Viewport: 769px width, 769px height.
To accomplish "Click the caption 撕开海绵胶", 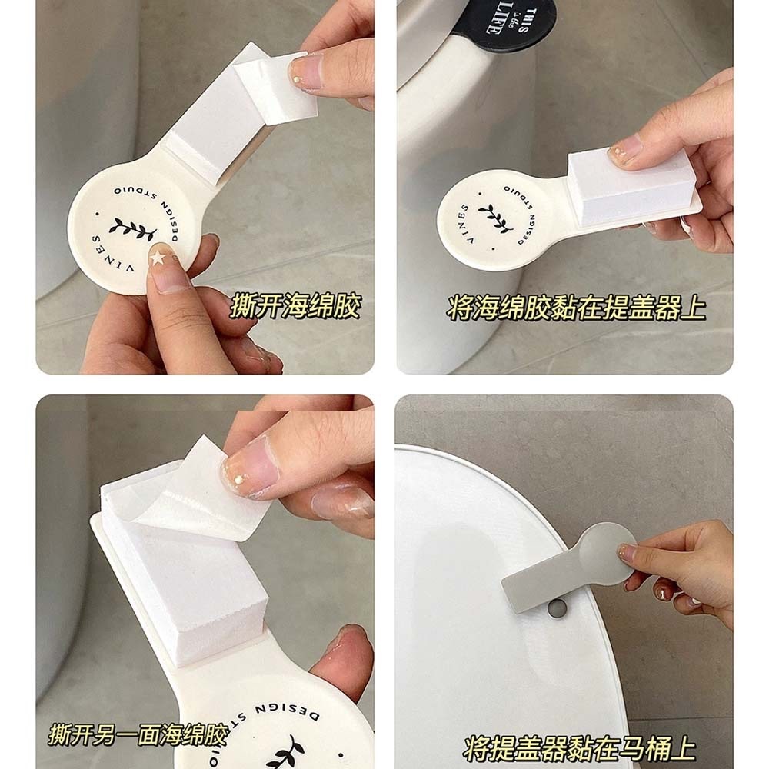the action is click(x=296, y=307).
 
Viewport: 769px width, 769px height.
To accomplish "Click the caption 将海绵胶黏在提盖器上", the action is click(x=576, y=308).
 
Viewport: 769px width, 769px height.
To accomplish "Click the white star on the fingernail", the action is click(x=158, y=256).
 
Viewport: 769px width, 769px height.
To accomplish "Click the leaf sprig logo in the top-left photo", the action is click(x=132, y=229).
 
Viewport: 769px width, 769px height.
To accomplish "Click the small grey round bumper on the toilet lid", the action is click(x=556, y=608).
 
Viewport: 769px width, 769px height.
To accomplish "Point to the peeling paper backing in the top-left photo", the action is click(x=275, y=83).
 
